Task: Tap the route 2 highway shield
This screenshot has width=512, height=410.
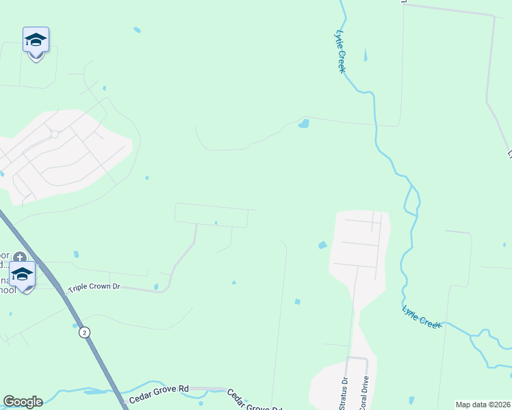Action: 84,332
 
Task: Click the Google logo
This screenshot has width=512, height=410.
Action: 22,402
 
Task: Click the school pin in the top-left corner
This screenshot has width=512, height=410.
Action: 36,41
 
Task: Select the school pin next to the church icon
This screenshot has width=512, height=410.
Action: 22,275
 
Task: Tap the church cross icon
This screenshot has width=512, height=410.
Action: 20,258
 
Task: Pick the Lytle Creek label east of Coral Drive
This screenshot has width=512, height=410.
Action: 421,317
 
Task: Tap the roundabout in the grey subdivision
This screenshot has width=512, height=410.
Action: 55,134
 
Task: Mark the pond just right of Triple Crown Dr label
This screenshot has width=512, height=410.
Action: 156,286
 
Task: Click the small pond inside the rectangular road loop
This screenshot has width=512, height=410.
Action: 216,222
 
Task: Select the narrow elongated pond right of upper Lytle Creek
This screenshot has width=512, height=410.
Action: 366,55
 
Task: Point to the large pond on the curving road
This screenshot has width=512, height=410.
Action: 303,124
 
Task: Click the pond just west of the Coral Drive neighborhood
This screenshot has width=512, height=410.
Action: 322,245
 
